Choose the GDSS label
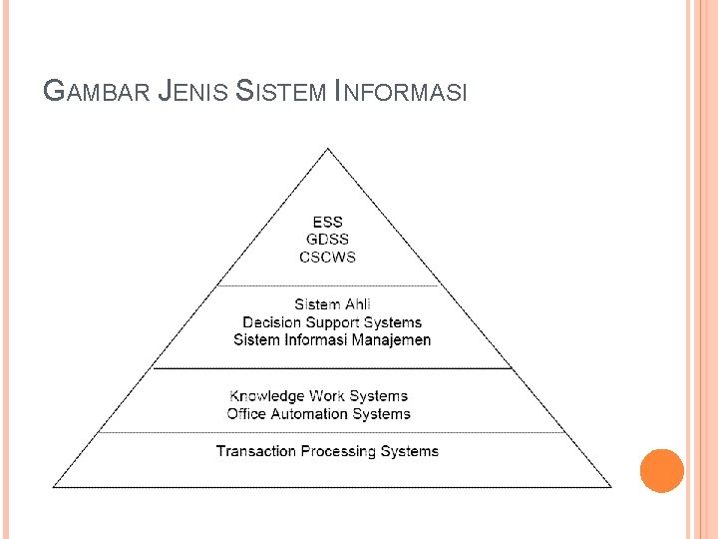pos(328,240)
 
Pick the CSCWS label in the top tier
pos(328,257)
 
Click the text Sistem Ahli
pos(332,304)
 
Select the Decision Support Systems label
pos(332,322)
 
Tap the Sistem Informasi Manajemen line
pos(332,340)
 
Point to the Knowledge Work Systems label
pos(319,396)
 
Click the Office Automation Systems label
pos(319,413)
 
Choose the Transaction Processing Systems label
pos(327,451)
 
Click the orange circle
pos(661,471)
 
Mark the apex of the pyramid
pos(328,149)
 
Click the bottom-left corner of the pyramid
pos(53,487)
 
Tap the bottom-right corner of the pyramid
pos(611,487)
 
